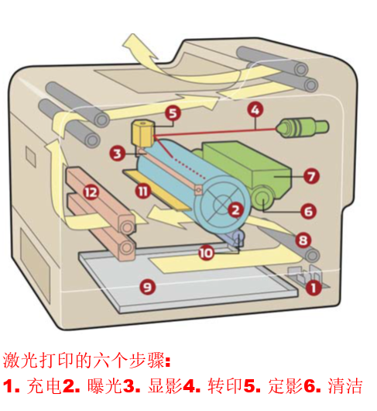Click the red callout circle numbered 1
click(313, 288)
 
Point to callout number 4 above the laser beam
click(255, 110)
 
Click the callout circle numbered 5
click(172, 113)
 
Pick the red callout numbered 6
click(308, 210)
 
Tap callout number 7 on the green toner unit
click(310, 177)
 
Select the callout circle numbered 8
click(303, 240)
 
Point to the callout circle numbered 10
click(205, 252)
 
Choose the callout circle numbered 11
click(142, 190)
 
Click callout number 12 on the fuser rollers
click(92, 191)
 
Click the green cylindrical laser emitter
click(296, 127)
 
